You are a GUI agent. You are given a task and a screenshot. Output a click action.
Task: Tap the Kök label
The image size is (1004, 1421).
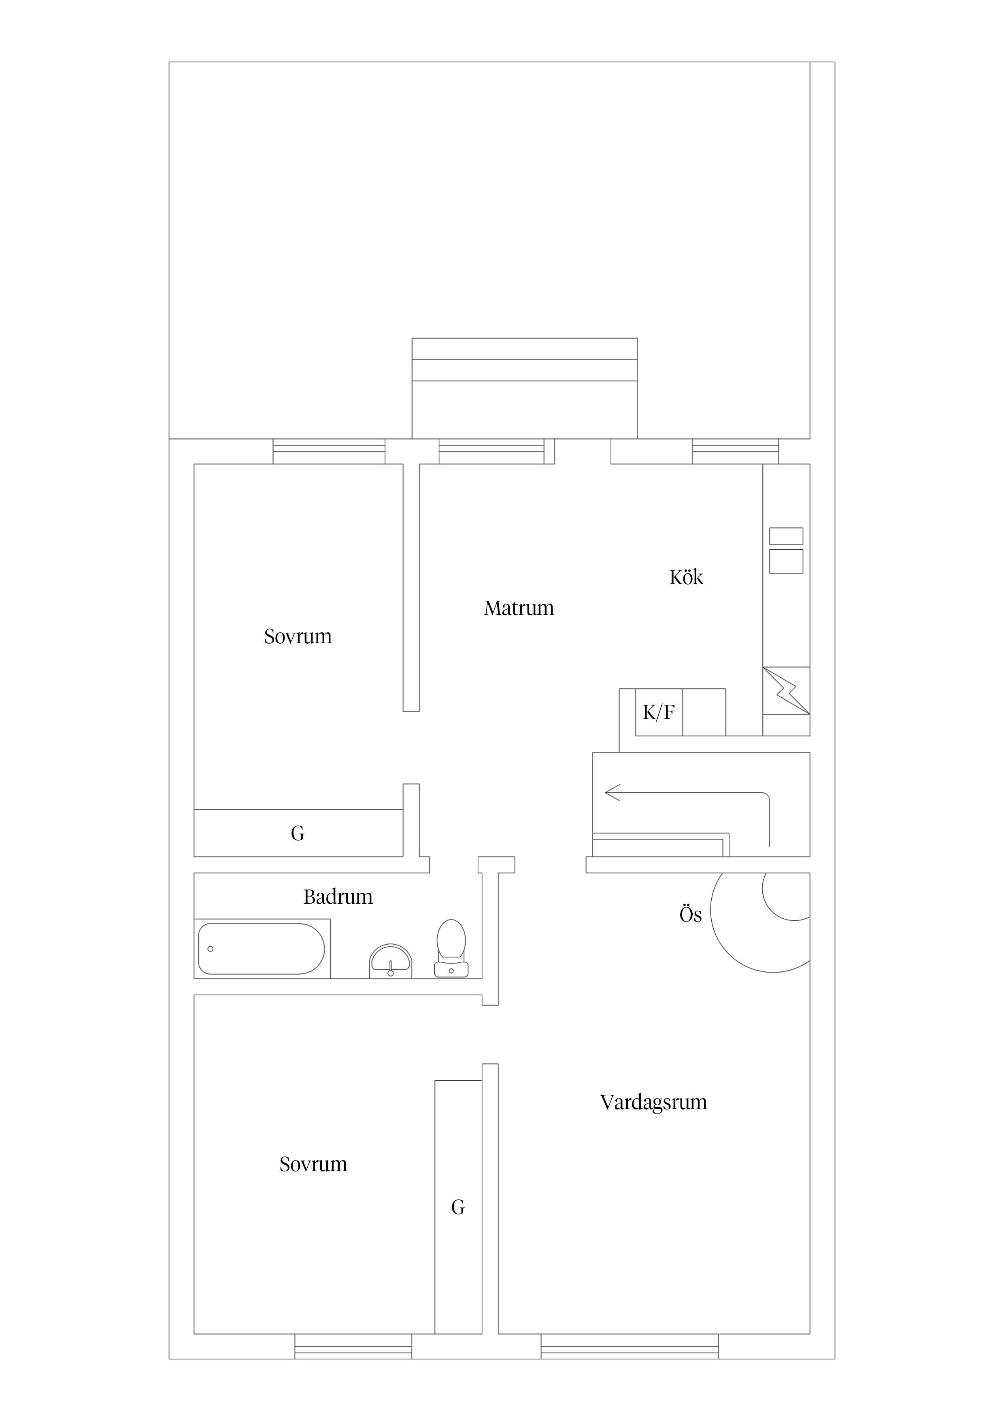[x=686, y=578]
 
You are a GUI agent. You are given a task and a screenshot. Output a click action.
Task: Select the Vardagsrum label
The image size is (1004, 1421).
[x=653, y=1102]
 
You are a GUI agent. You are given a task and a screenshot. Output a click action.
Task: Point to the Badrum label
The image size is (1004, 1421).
[x=338, y=897]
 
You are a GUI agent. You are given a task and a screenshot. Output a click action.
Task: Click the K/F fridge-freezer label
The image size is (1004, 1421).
[x=658, y=713]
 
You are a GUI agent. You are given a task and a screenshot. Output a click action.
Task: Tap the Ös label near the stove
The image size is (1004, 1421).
[x=690, y=915]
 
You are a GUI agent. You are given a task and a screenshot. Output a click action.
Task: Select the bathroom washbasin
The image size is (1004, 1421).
[x=390, y=961]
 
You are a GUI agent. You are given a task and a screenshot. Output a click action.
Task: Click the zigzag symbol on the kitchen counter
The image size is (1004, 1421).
[x=786, y=691]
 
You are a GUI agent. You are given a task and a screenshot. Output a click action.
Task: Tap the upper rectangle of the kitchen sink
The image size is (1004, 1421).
[x=786, y=536]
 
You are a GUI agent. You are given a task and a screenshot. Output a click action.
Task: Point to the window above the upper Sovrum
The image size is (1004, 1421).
[x=329, y=451]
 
